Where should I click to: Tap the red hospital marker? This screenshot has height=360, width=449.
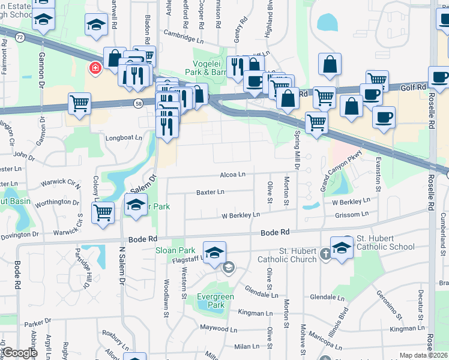[x=95, y=68]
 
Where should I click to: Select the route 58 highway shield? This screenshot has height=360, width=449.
[x=138, y=104]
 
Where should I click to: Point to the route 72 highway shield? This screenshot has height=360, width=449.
[x=20, y=37]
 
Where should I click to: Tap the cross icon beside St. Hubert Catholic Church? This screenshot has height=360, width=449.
[x=325, y=253]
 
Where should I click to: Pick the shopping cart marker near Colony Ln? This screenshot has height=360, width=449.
[x=103, y=212]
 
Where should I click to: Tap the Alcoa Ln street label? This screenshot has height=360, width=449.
[x=233, y=175]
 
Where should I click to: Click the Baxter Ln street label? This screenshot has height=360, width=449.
[x=210, y=192]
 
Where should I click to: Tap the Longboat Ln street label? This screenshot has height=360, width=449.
[x=124, y=137]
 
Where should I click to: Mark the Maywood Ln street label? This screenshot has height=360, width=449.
[x=214, y=328]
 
